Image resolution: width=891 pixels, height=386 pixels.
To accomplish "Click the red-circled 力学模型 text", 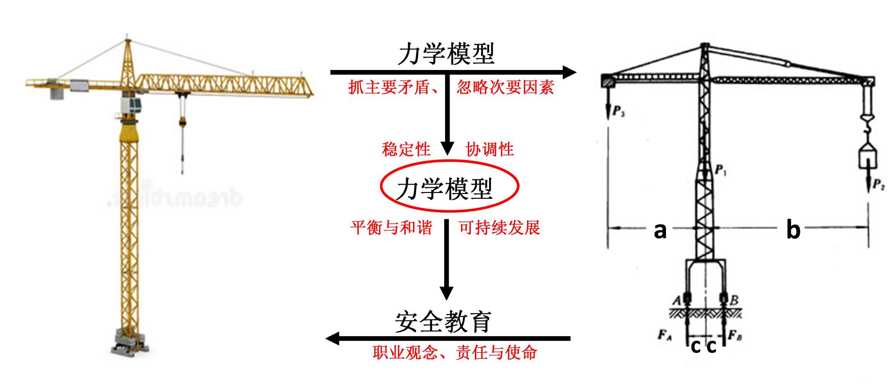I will tap(445, 189).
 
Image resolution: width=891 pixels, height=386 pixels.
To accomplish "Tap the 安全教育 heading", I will tap(443, 322).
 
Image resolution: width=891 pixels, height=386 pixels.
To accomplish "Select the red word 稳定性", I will tap(406, 149).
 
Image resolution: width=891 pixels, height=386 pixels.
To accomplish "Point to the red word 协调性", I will tap(490, 149).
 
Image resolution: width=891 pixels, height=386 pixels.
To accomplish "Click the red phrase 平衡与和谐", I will tap(391, 228).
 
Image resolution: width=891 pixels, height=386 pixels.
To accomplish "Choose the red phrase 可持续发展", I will tap(499, 228).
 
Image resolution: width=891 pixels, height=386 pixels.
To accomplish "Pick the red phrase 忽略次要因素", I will tap(505, 87).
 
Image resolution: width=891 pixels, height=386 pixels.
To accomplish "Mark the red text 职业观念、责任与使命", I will tap(455, 353).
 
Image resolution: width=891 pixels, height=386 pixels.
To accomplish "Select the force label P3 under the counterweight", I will tap(618, 111).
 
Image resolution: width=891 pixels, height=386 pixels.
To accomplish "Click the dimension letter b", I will tap(793, 230).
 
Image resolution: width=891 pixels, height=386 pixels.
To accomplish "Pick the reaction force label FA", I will tap(665, 334).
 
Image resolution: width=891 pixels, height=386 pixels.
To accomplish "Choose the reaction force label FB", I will tap(735, 334).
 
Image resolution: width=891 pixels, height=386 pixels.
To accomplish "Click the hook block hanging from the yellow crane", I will tap(182, 122).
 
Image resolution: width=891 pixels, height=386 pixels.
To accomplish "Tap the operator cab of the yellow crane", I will tap(132, 106).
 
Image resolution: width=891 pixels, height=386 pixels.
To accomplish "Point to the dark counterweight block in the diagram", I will tap(607, 81).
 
